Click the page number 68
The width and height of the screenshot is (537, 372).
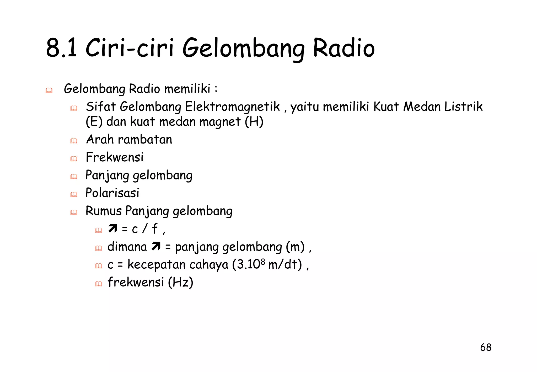click(486, 347)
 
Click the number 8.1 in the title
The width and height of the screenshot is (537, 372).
click(62, 48)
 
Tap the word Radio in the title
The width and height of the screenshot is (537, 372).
click(344, 48)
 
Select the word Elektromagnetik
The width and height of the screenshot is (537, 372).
click(233, 107)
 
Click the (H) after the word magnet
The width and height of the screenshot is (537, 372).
click(254, 122)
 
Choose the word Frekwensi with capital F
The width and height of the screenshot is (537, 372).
click(115, 157)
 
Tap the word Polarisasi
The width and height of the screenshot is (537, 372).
click(112, 193)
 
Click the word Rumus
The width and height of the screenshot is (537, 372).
click(104, 211)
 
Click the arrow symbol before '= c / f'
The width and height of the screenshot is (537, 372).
click(113, 228)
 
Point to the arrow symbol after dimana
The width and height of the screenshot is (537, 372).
click(156, 246)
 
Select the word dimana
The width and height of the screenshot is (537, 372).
click(127, 247)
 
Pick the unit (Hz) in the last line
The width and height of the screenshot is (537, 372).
click(181, 282)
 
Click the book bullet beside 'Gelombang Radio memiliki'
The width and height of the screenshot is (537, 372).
click(49, 91)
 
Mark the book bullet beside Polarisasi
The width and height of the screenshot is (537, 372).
click(74, 195)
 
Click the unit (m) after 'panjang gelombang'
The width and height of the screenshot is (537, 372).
click(295, 247)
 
